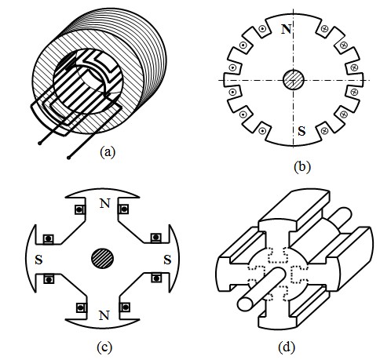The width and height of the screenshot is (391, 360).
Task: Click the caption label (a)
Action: click(108, 152)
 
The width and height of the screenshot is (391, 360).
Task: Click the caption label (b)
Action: click(302, 167)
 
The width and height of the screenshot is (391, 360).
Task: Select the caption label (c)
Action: click(104, 347)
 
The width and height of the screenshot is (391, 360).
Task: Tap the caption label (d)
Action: click(287, 347)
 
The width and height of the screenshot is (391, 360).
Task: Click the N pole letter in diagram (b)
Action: click(286, 29)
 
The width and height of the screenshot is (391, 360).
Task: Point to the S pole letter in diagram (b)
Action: click(301, 131)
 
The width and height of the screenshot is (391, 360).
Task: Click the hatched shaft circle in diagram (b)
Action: click(294, 80)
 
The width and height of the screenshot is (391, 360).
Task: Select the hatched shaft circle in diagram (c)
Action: click(102, 258)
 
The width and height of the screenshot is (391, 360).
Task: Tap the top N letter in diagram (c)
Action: click(104, 203)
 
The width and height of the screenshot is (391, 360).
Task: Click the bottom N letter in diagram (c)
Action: click(104, 316)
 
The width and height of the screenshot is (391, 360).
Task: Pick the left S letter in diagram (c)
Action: click(38, 260)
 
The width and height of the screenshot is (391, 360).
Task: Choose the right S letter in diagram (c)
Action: click(167, 260)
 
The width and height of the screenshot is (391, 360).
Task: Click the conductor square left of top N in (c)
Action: click(79, 209)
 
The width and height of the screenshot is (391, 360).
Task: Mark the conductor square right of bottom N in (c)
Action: click(125, 307)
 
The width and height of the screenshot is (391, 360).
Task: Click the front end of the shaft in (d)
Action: click(246, 304)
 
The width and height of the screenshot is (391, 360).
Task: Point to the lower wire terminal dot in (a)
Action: click(68, 158)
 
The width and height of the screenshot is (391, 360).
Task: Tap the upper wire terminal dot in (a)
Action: click(39, 143)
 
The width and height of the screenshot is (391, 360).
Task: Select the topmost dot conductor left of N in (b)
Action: click(261, 29)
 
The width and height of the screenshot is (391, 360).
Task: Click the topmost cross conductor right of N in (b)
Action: click(324, 28)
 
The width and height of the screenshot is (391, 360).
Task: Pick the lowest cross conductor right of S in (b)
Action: click(324, 130)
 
